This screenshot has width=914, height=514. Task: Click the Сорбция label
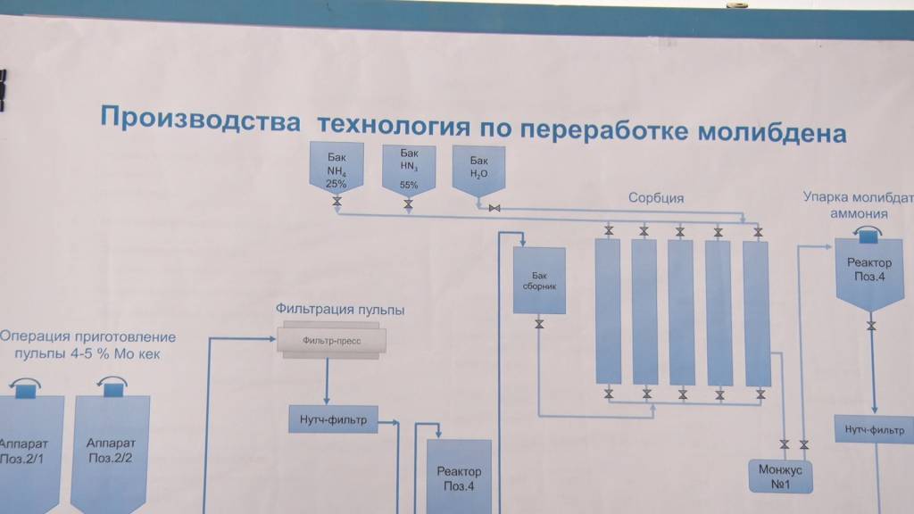coord(655,198)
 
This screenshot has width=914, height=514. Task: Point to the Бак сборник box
coord(539,280)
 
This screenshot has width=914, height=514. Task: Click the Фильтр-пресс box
coord(330,340)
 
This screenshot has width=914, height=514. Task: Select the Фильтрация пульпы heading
coord(339,310)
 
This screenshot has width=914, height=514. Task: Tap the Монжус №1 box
coord(780,475)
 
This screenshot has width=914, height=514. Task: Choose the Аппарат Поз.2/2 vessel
coord(110,451)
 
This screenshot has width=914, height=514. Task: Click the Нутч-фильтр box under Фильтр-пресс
coord(333,417)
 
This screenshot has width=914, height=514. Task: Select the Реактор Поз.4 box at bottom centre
coord(459,477)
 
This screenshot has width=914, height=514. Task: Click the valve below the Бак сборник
coord(539,324)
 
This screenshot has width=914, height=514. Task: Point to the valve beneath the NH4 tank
coord(337,203)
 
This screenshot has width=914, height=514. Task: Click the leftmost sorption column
coord(608,311)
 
